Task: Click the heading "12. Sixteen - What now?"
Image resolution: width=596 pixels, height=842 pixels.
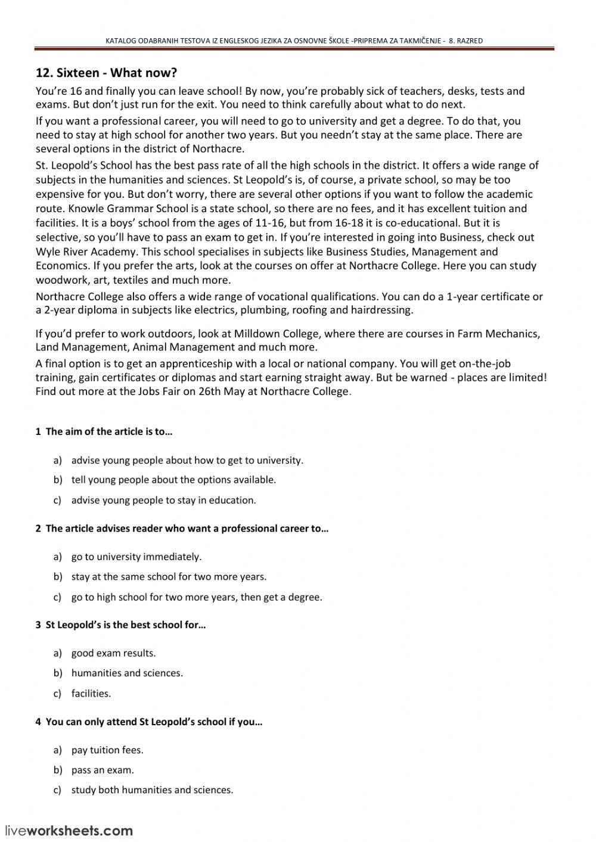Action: [107, 73]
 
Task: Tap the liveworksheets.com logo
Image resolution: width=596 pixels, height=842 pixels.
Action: [69, 830]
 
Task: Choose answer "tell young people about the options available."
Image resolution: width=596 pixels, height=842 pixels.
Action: [173, 480]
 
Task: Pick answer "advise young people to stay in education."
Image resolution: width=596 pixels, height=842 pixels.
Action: [163, 500]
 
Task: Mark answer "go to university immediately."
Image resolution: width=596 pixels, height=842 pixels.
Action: [136, 557]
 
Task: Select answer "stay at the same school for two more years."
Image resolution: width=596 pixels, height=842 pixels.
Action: [169, 576]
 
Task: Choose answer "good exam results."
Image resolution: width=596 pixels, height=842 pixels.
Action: [113, 653]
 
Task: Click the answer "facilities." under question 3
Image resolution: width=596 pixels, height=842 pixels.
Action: [91, 693]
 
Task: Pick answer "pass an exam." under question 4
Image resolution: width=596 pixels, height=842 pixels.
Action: [103, 770]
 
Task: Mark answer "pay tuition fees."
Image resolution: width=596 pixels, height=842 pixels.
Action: [107, 750]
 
